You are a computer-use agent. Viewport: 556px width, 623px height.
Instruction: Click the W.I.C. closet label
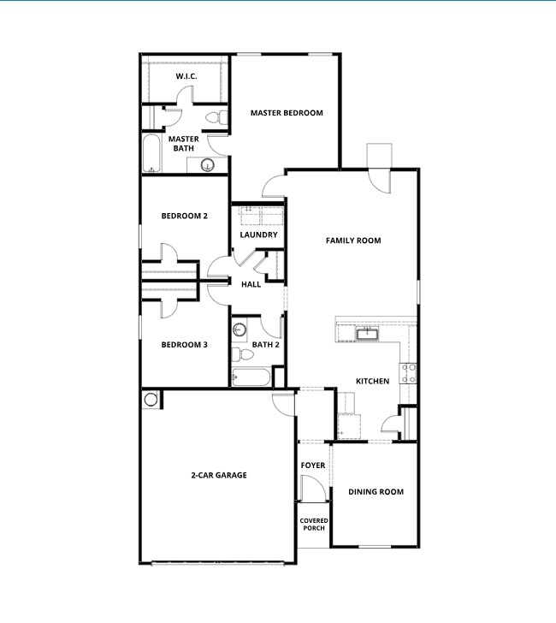pyautogui.click(x=187, y=77)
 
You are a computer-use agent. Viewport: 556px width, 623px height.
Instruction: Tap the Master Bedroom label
pyautogui.click(x=287, y=113)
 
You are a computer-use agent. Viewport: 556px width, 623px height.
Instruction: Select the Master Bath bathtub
pyautogui.click(x=151, y=153)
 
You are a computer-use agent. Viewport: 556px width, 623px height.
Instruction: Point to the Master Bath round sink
pyautogui.click(x=207, y=165)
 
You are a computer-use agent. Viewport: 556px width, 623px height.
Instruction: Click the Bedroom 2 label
pyautogui.click(x=185, y=216)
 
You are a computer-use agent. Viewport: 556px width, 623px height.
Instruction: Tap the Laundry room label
pyautogui.click(x=258, y=234)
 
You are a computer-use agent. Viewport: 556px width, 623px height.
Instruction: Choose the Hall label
pyautogui.click(x=251, y=284)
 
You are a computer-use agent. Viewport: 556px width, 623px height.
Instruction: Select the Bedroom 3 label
pyautogui.click(x=185, y=345)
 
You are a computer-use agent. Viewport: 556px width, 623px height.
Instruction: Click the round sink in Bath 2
pyautogui.click(x=240, y=329)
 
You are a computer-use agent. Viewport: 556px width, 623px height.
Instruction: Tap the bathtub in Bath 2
pyautogui.click(x=251, y=377)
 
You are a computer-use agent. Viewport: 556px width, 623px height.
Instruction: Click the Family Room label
pyautogui.click(x=353, y=240)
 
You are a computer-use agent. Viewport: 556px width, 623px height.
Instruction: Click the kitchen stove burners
pyautogui.click(x=410, y=372)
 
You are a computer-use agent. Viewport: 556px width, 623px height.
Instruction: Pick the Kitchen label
pyautogui.click(x=373, y=381)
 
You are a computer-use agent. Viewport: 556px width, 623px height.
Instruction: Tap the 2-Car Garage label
pyautogui.click(x=219, y=475)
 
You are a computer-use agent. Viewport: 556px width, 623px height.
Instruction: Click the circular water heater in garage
pyautogui.click(x=151, y=399)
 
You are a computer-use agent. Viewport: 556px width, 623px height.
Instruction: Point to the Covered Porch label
pyautogui.click(x=314, y=525)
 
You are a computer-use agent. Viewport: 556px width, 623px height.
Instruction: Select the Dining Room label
pyautogui.click(x=376, y=492)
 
